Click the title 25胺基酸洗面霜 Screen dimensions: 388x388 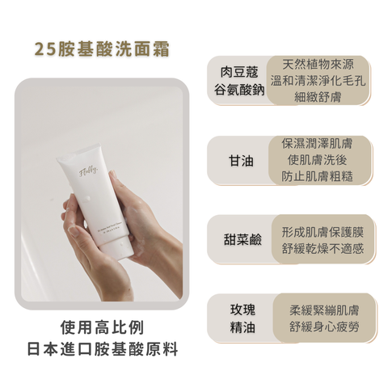pos(101,48)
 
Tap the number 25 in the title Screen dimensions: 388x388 pos(45,48)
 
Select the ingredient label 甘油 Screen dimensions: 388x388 pos(240,160)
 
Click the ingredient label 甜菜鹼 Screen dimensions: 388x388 pos(240,239)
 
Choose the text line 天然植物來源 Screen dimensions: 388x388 pos(321,63)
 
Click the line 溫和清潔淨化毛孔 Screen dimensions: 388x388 pos(321,81)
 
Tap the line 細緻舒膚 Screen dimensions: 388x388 pos(321,99)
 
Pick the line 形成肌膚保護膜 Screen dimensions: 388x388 pos(321,230)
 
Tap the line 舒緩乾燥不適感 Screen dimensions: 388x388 pos(321,248)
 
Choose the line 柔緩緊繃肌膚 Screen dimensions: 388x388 pos(326,309)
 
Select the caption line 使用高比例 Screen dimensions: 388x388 pos(101,329)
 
